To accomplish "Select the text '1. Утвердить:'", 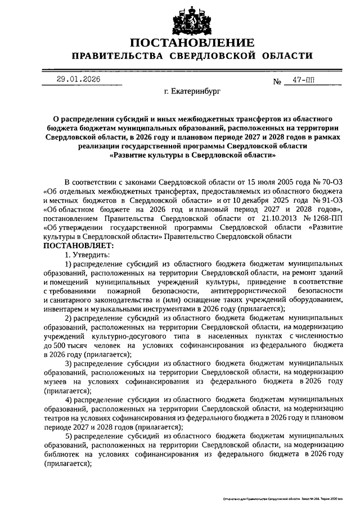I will [87, 255].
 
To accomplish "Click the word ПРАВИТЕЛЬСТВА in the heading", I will [115, 57].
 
